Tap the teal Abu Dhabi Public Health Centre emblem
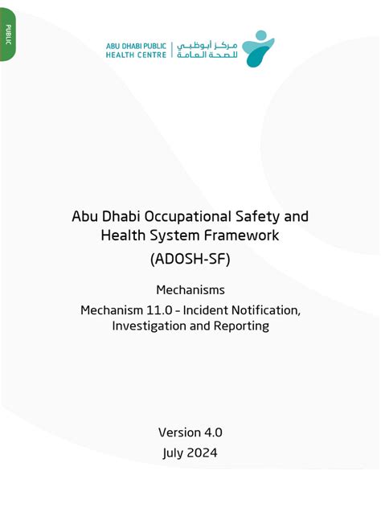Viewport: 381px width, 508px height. [x=258, y=48]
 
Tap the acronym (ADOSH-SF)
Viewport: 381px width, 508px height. [x=190, y=260]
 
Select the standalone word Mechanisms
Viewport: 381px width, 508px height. [x=190, y=289]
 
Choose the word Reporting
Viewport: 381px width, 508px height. [x=240, y=326]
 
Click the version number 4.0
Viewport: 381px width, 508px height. [x=211, y=432]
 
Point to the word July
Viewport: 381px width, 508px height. [x=174, y=453]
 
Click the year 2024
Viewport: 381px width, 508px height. [x=203, y=453]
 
